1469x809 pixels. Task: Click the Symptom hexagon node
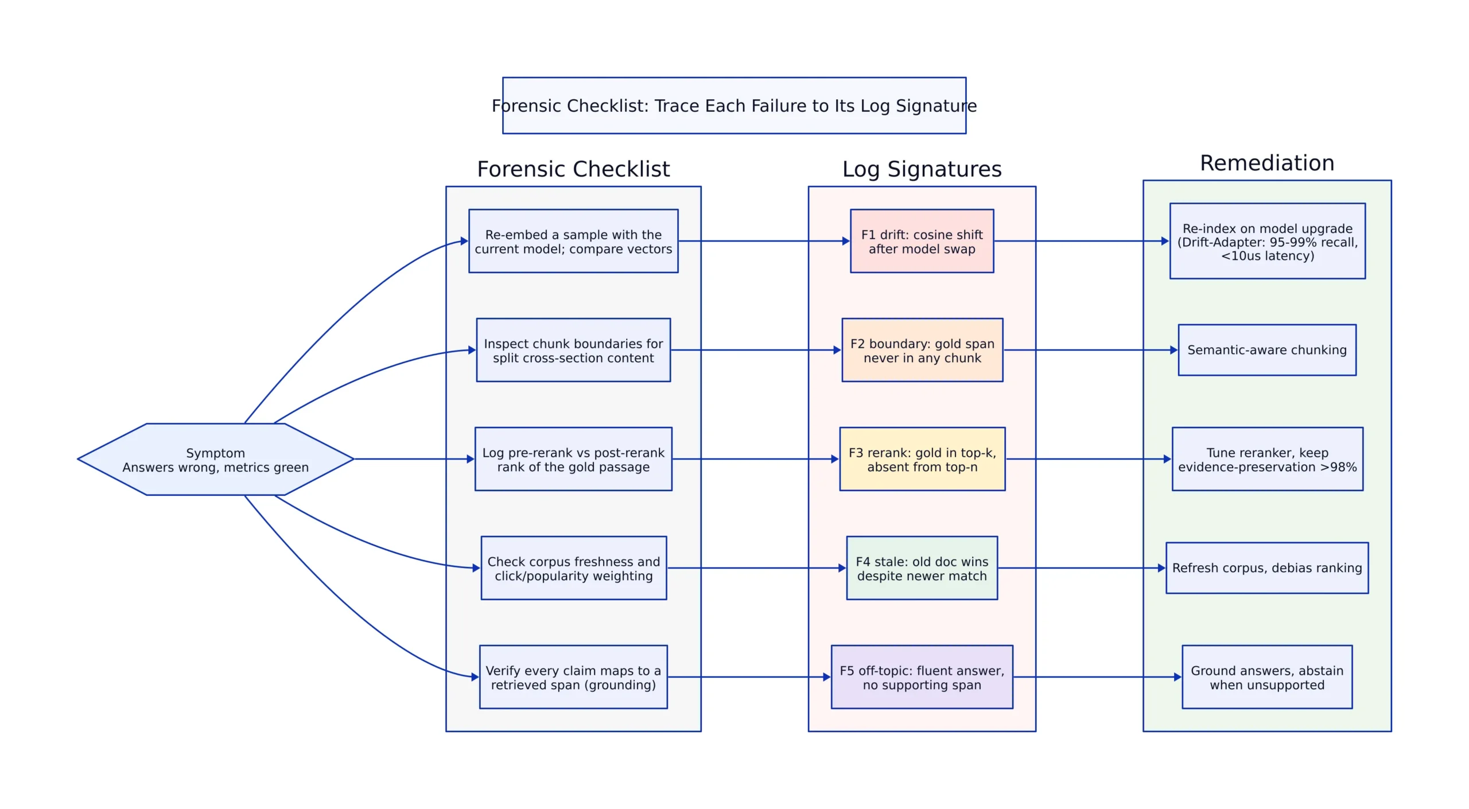tap(215, 459)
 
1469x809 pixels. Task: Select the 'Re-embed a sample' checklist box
tap(573, 241)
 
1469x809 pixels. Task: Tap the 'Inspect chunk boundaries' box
tap(573, 350)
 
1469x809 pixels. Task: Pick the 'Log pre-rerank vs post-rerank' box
tap(573, 459)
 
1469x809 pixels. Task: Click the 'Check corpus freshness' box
tap(574, 568)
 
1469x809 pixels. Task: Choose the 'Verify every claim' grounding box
tap(573, 677)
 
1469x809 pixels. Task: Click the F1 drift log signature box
tap(922, 241)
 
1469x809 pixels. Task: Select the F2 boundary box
tap(922, 350)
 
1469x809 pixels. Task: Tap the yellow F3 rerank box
tap(922, 459)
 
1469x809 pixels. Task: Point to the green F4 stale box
tap(922, 568)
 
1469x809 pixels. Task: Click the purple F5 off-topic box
tap(922, 677)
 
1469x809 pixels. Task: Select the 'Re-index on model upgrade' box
tap(1268, 241)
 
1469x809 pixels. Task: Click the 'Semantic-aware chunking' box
tap(1267, 350)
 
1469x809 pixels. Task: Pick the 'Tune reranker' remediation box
tap(1268, 459)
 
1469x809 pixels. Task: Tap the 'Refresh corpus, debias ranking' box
tap(1267, 568)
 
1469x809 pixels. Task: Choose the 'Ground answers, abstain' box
tap(1267, 677)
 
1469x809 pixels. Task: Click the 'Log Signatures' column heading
tap(922, 169)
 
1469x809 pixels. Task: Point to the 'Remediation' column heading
tap(1267, 163)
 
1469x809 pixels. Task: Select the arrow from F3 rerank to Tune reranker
tap(1089, 459)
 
